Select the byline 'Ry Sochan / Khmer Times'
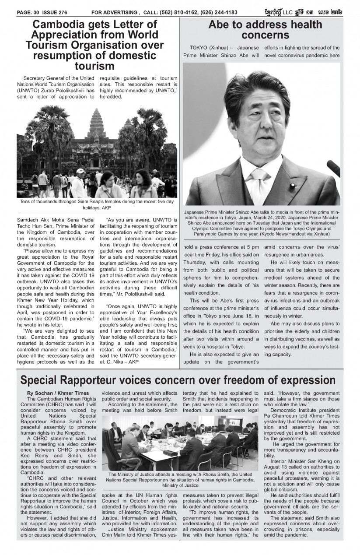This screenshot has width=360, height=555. click(x=58, y=393)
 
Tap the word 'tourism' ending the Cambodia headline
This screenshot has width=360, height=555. click(x=94, y=66)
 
